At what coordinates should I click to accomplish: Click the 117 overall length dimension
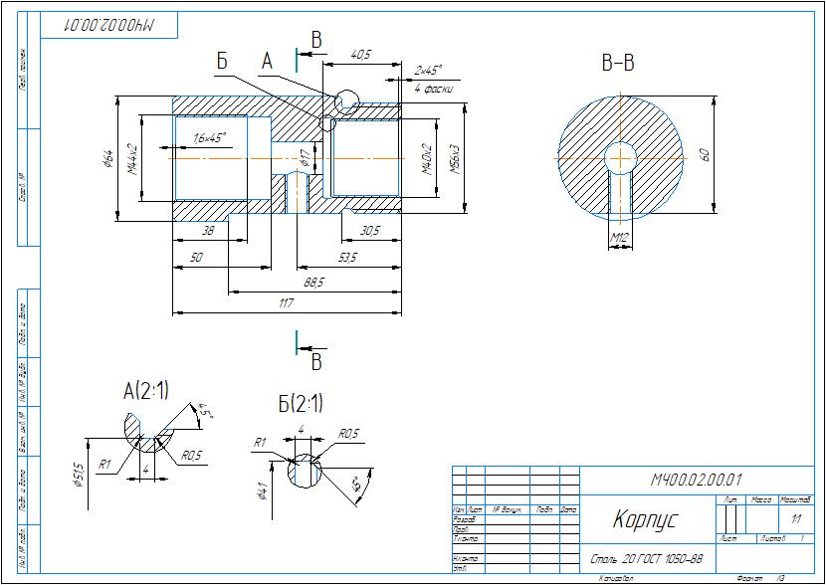tap(287, 303)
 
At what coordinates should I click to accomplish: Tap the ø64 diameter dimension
tap(106, 158)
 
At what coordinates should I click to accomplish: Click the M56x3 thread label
tap(455, 157)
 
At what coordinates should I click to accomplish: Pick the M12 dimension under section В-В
tap(619, 237)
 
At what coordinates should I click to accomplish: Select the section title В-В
tap(618, 65)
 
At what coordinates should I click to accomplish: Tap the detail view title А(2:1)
tap(145, 391)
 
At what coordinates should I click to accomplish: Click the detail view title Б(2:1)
tap(301, 404)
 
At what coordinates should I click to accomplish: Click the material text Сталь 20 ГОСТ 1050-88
tap(647, 559)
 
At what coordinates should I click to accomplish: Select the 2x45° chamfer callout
tap(427, 71)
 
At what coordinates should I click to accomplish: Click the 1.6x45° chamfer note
tap(209, 136)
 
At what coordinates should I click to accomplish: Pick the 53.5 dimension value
tap(347, 257)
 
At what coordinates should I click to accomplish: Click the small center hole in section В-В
tap(621, 157)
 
